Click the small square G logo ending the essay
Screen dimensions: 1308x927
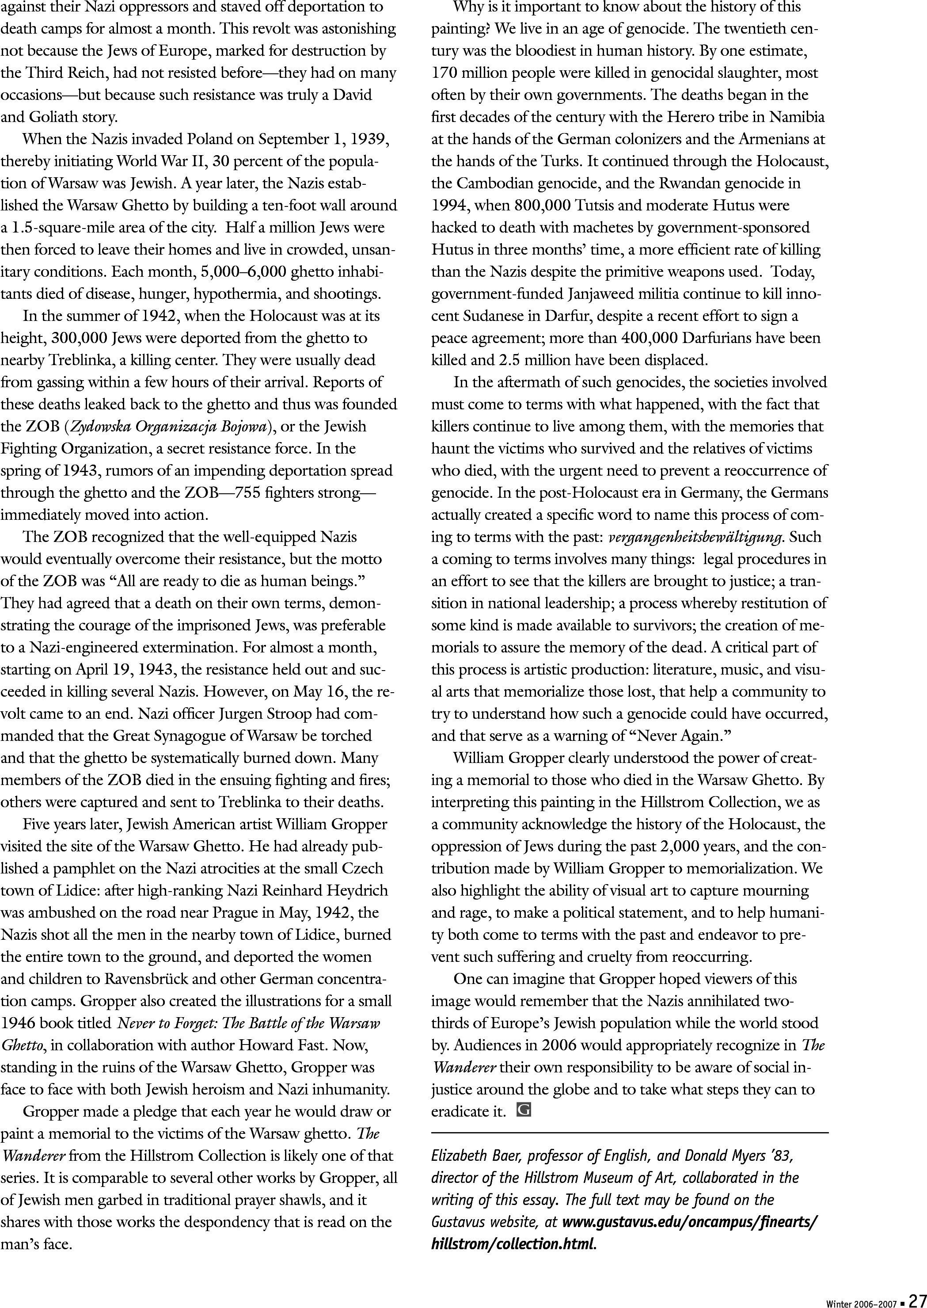point(523,1110)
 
